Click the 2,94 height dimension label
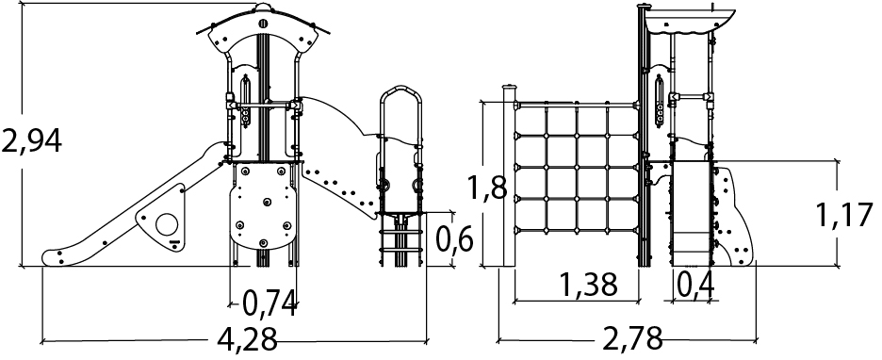tap(31, 141)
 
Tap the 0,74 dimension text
tap(269, 304)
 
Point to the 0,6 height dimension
tap(454, 239)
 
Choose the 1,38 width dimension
tap(588, 285)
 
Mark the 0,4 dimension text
tap(695, 285)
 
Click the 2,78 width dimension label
tap(632, 338)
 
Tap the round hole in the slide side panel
tap(167, 225)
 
